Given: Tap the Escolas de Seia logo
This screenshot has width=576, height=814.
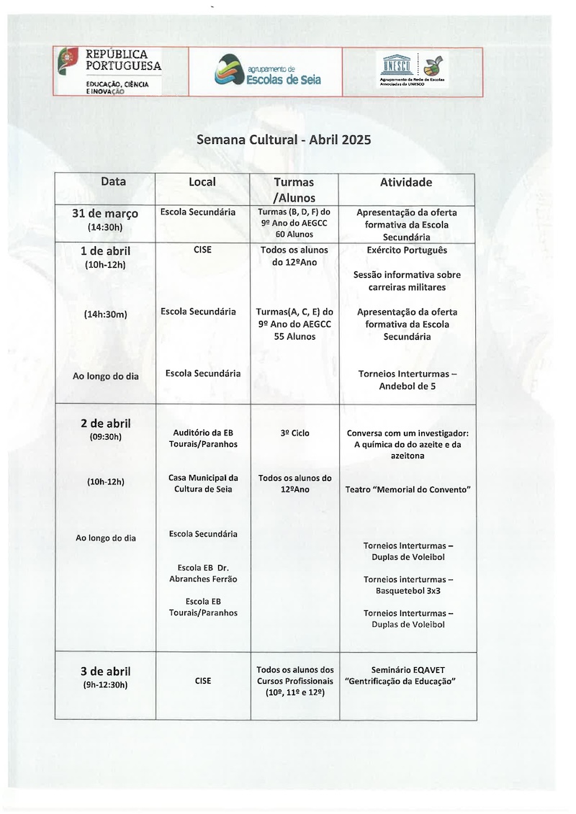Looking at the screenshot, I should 266,71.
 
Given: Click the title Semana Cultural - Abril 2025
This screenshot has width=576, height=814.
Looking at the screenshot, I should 284,140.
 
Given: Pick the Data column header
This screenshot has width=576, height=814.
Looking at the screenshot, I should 113,182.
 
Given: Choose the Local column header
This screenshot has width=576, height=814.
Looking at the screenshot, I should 202,182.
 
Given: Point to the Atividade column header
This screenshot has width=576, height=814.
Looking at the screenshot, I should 406,183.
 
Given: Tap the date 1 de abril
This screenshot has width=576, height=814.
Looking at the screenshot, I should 105,251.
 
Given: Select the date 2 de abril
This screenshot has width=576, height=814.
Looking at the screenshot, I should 105,423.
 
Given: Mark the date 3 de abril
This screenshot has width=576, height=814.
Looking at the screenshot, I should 105,671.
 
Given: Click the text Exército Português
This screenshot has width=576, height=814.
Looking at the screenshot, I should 407,250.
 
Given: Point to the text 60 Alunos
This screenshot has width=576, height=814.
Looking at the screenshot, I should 294,235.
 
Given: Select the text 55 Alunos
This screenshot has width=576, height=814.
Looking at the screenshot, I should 294,336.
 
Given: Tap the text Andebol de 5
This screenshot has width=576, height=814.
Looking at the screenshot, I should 407,386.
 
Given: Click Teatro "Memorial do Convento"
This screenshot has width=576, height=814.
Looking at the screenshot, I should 408,489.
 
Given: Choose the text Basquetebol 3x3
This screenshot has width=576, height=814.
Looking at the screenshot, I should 408,591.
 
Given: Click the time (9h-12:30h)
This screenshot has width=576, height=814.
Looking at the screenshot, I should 105,684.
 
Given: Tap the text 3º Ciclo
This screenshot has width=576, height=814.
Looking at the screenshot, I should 294,433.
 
